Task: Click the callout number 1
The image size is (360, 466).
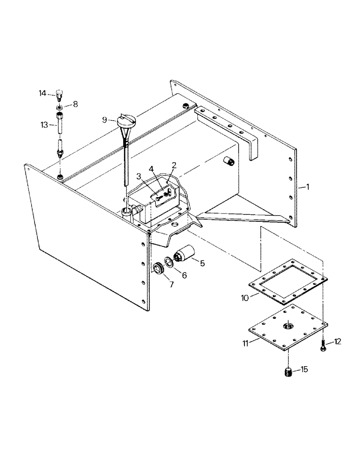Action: click(304, 187)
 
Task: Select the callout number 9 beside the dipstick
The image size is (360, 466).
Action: click(105, 119)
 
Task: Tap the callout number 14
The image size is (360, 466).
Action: click(42, 93)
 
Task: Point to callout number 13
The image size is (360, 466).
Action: click(44, 124)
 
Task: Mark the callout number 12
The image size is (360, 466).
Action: click(338, 342)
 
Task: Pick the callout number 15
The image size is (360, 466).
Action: click(304, 370)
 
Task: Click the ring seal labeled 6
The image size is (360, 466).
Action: click(169, 263)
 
